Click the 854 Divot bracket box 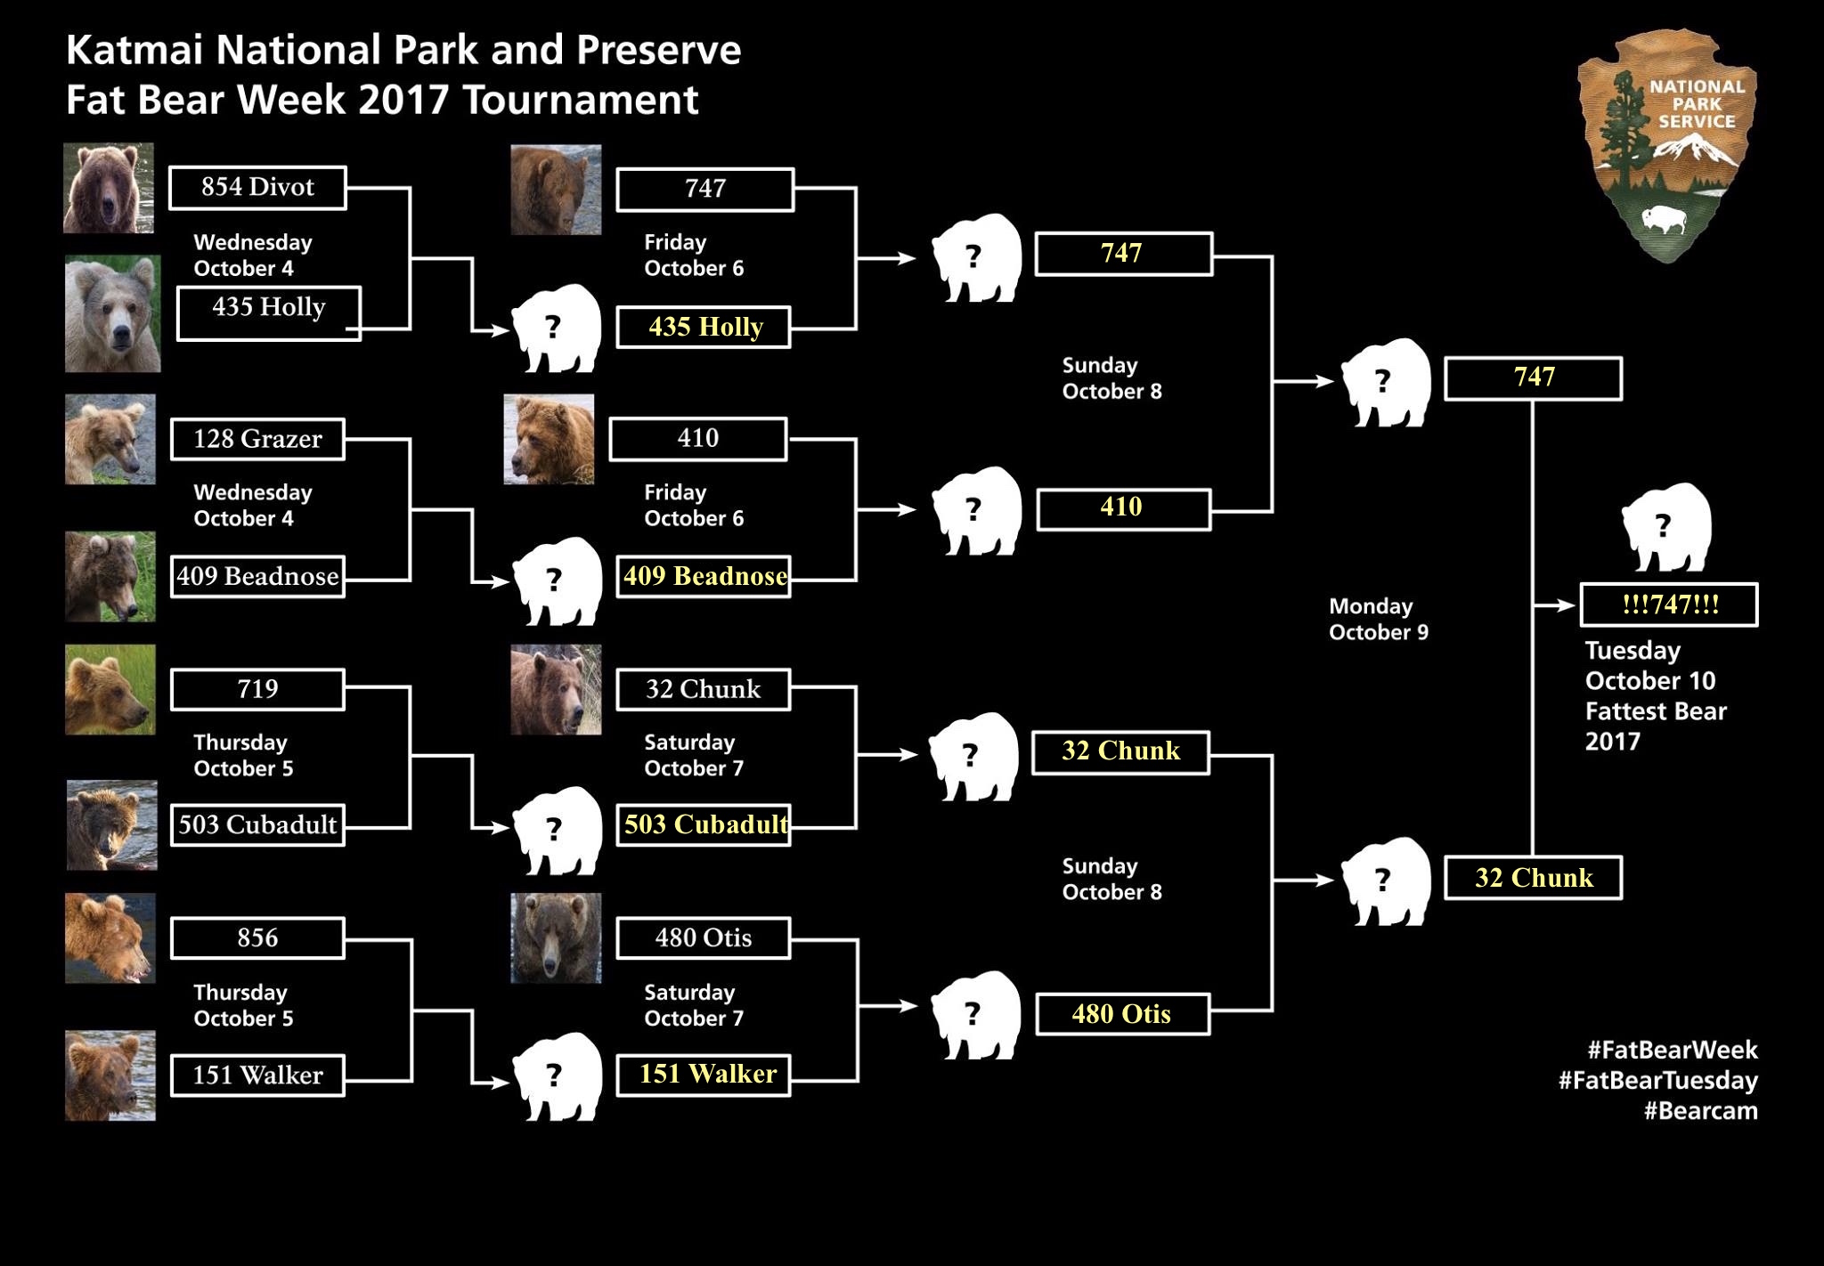(257, 188)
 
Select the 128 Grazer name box (257, 439)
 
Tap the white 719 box (257, 690)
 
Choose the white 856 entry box (257, 938)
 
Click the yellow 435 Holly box (704, 328)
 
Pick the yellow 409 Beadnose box (704, 576)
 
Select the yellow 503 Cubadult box (704, 824)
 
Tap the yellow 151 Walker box (704, 1075)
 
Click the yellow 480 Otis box (1122, 1014)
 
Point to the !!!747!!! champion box (1669, 605)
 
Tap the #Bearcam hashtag (1700, 1111)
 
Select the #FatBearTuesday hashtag (1657, 1081)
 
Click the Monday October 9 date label (1378, 620)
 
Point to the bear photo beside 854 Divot (109, 188)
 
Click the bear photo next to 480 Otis (556, 938)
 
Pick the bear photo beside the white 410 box (549, 439)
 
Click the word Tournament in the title (580, 100)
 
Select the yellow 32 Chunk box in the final (1533, 878)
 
